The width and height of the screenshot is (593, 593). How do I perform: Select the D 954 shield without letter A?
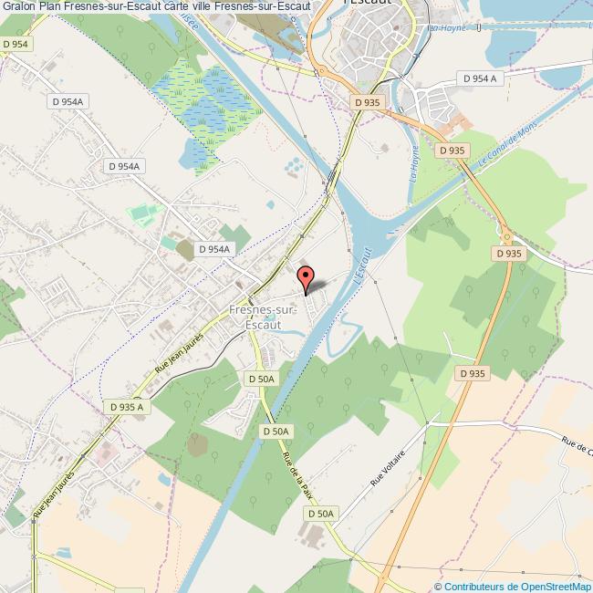pos(15,44)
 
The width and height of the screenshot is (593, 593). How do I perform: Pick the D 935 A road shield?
pos(126,407)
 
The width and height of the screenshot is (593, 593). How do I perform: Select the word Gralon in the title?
pos(18,7)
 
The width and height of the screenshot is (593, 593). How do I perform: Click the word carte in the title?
pos(172,7)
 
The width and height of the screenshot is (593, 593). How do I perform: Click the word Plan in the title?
pos(51,7)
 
